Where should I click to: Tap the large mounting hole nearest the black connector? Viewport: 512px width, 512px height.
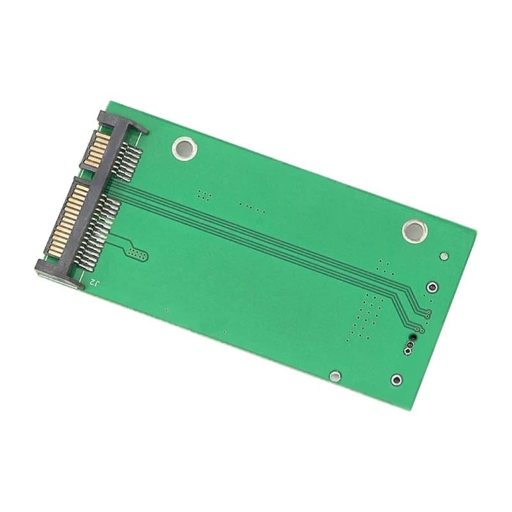click(184, 148)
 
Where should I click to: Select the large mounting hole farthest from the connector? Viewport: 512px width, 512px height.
click(415, 231)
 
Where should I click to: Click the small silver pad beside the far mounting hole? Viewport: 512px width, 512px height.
click(444, 256)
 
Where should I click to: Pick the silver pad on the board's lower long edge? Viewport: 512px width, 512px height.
click(335, 376)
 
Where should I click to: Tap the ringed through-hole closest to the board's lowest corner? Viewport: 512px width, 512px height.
click(396, 380)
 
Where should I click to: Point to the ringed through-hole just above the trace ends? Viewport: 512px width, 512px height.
click(433, 287)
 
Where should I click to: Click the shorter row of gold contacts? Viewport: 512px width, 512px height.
click(97, 148)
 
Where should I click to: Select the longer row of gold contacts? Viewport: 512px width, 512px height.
click(68, 220)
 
